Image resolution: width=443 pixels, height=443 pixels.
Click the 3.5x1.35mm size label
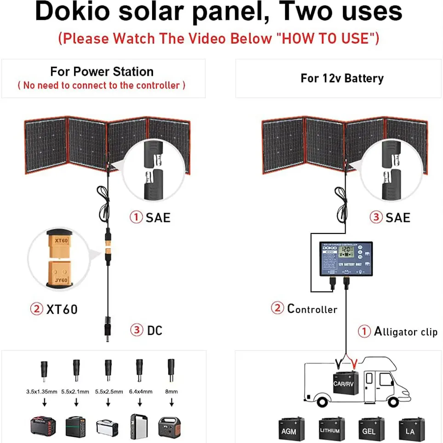[x=41, y=392]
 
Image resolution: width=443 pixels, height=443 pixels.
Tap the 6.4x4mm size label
[x=139, y=392]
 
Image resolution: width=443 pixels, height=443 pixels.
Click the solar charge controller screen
[x=345, y=253]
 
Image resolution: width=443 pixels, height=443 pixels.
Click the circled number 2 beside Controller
[x=277, y=308]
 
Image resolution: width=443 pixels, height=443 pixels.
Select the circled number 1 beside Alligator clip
[x=364, y=331]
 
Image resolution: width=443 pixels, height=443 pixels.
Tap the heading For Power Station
[x=102, y=72]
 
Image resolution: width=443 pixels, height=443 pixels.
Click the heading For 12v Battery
[x=342, y=78]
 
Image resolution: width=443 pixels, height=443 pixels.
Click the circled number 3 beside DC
[x=136, y=330]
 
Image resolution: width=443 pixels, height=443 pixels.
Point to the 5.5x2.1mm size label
[x=76, y=392]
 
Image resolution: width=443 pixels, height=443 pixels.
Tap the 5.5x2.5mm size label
[x=108, y=392]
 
